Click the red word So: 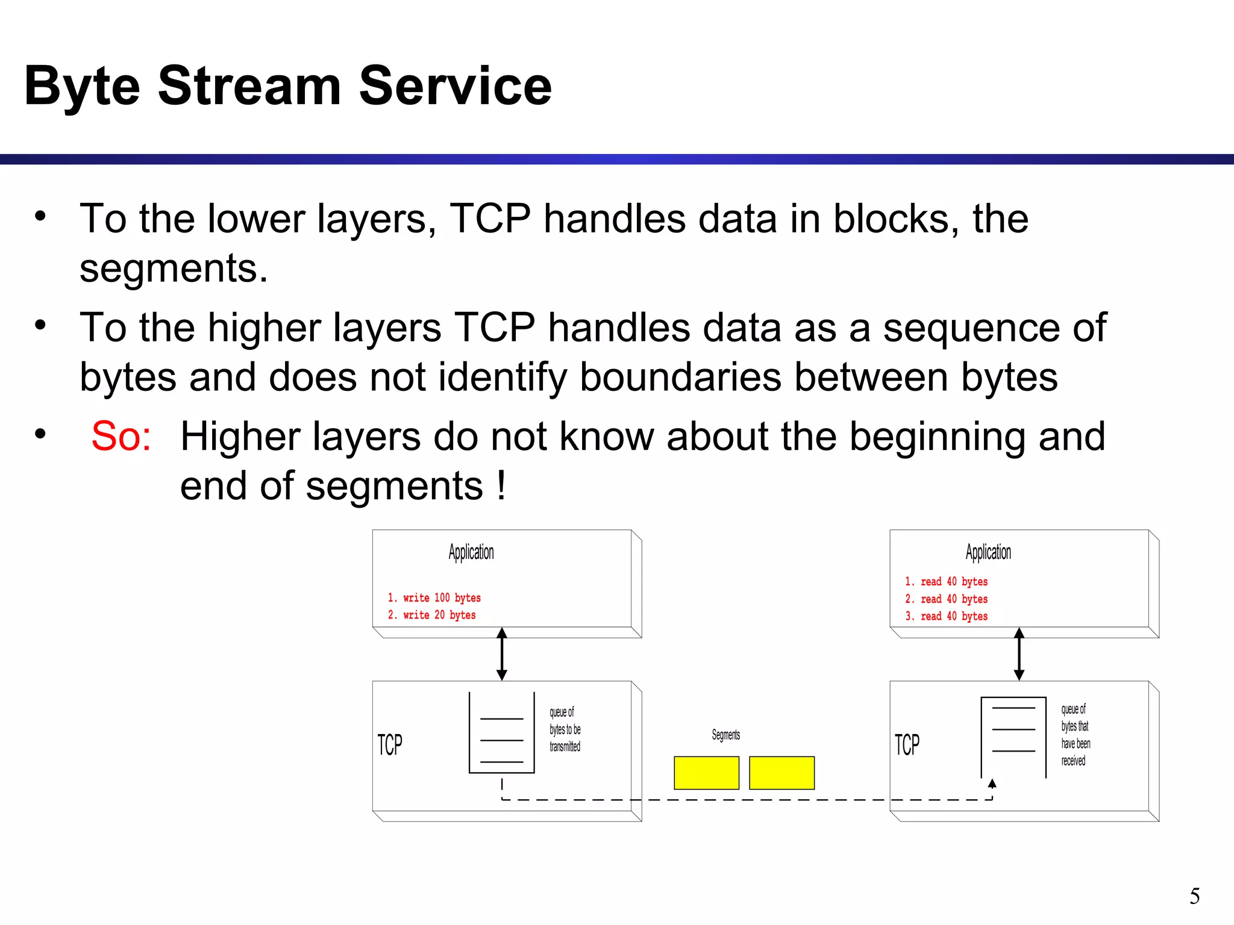point(121,436)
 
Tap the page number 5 point(1194,896)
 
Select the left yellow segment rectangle point(706,773)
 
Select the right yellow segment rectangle point(781,773)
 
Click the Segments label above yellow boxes point(725,735)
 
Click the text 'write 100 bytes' point(442,597)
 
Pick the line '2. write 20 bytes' point(432,615)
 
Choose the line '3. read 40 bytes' point(947,616)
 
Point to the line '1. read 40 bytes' point(947,581)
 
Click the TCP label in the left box point(390,745)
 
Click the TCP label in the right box point(907,745)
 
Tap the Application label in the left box point(471,552)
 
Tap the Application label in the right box point(988,552)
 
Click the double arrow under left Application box point(502,654)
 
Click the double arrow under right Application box point(1019,654)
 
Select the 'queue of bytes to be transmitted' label point(565,729)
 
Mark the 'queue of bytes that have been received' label point(1076,735)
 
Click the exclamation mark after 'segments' point(501,485)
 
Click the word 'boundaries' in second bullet point(680,378)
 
